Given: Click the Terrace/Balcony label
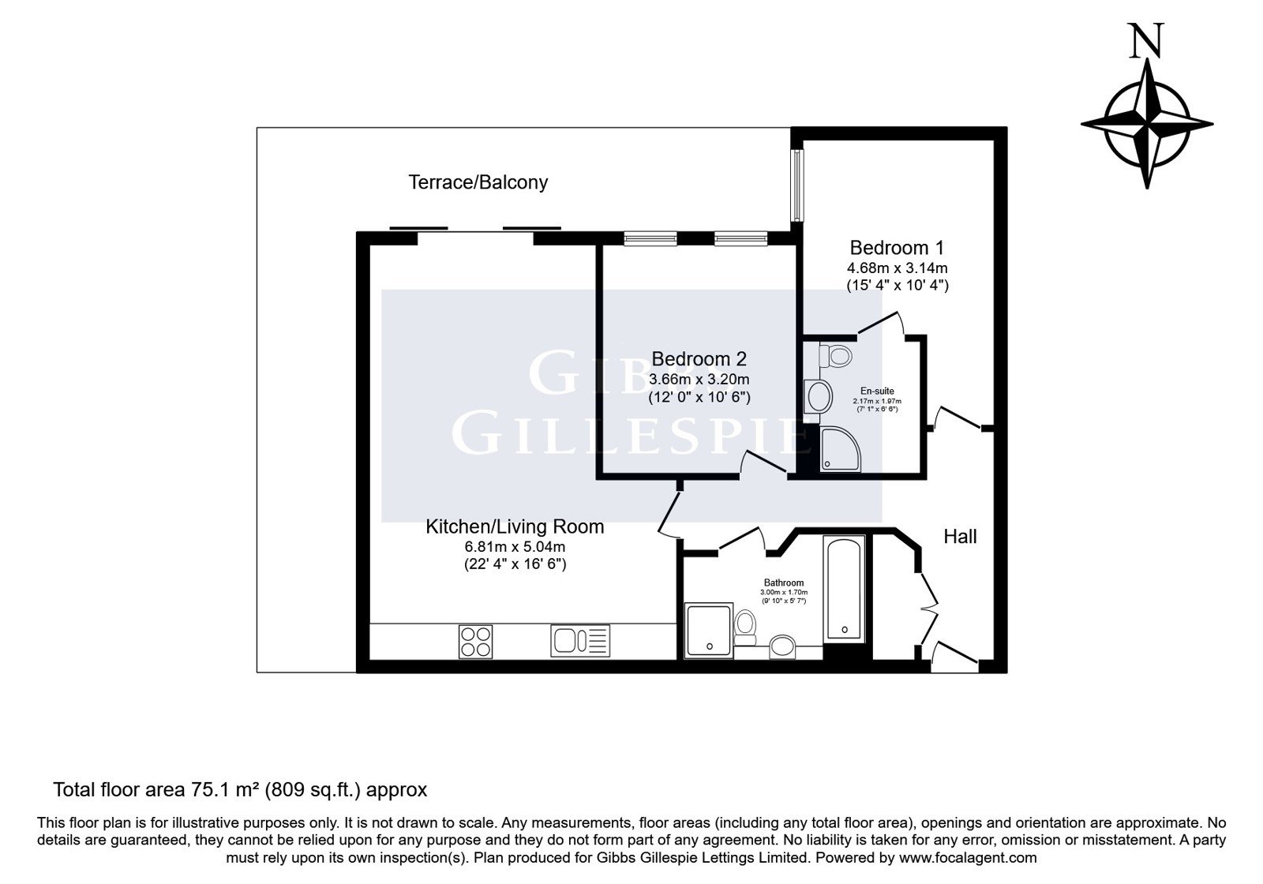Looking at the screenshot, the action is (478, 182).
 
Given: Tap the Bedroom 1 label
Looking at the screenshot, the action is (897, 248).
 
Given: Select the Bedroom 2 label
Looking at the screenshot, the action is (699, 358).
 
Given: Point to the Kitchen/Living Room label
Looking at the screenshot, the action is (515, 526).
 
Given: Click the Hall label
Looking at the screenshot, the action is (960, 536).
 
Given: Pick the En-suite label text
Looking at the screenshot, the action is (877, 391).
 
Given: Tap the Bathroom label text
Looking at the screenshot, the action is (784, 582).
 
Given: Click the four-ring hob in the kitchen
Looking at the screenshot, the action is (475, 642).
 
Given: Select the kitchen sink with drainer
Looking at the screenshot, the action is (580, 641).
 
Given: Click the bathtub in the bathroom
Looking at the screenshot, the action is (844, 589).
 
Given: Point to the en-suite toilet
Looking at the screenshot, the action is (835, 356).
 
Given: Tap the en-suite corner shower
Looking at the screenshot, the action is (840, 449).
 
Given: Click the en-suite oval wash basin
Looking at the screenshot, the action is (819, 396).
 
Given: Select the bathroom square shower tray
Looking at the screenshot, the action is (709, 631).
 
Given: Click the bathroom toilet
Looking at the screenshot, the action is (745, 627).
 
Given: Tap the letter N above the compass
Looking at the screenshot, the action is (1146, 40).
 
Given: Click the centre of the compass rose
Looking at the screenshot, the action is (1147, 125).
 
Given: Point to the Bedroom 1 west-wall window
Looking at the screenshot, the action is (797, 185).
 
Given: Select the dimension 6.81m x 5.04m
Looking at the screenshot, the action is (515, 546).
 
